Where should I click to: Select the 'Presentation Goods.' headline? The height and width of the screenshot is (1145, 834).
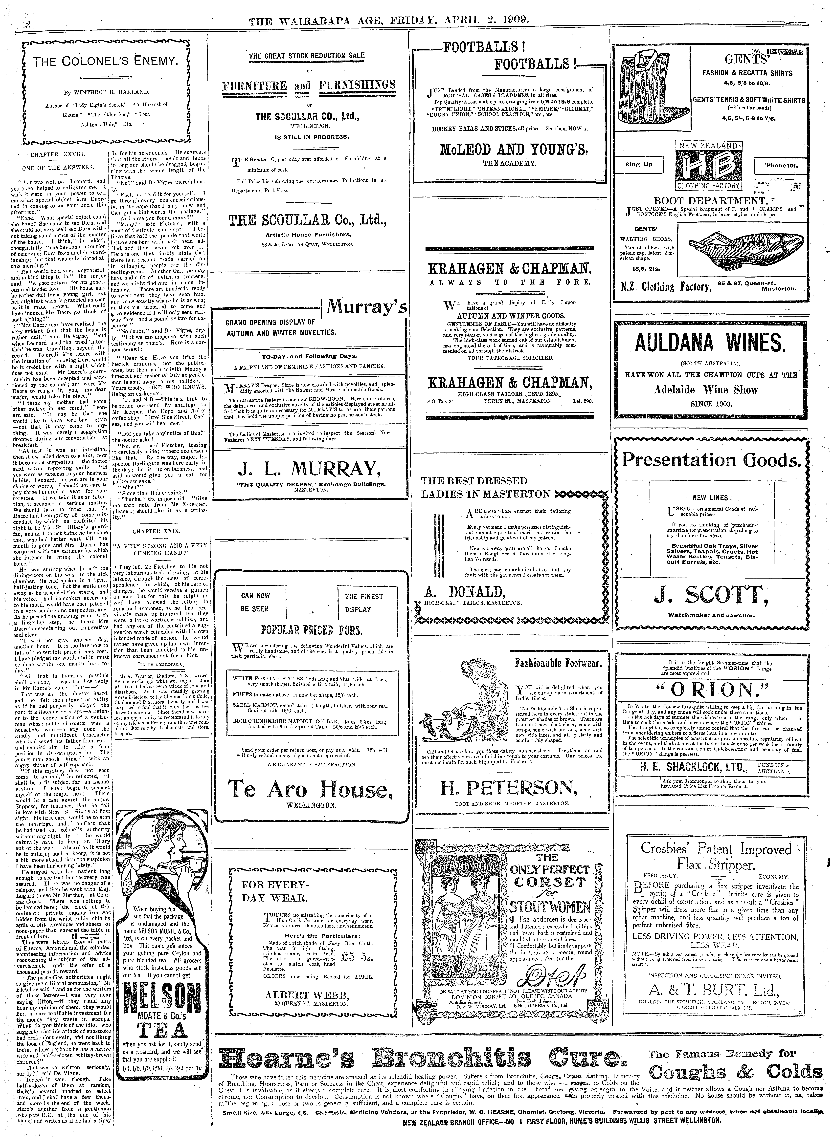(x=711, y=460)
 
